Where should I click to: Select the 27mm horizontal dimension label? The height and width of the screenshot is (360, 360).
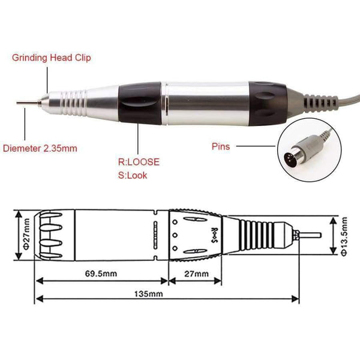194,274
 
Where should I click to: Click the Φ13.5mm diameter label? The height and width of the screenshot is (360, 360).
345,235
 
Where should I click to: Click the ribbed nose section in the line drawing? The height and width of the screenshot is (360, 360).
258,235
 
